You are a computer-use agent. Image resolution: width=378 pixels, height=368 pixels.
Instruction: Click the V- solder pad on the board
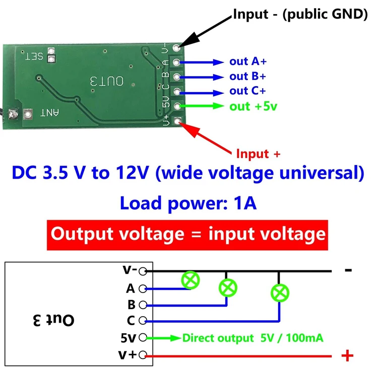[177, 48]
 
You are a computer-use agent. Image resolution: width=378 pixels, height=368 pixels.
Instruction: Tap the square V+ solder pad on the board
[178, 121]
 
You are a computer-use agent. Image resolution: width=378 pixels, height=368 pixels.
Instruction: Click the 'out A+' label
[248, 61]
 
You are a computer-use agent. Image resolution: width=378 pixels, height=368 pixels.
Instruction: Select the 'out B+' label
[247, 77]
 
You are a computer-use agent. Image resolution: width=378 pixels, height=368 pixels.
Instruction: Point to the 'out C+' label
[247, 91]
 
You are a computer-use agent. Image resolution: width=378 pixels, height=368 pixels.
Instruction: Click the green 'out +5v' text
[253, 106]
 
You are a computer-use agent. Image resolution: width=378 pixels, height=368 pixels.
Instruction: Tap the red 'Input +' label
[258, 154]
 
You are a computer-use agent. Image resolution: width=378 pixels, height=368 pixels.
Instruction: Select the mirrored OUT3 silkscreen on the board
[106, 82]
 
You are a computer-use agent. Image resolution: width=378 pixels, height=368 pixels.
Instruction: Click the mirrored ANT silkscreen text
[50, 113]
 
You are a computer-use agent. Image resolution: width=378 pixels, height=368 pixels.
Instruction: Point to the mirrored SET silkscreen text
[34, 56]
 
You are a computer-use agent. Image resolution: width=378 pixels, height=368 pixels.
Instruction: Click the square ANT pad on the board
[28, 114]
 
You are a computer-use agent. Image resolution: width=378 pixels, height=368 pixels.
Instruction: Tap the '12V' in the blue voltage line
[132, 173]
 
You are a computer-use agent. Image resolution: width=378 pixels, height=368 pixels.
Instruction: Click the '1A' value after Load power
[245, 203]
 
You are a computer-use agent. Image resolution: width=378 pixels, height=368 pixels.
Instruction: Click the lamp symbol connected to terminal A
[191, 280]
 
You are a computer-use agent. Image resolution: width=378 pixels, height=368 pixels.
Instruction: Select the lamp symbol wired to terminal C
[280, 293]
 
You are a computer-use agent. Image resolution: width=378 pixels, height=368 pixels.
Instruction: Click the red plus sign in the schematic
[347, 355]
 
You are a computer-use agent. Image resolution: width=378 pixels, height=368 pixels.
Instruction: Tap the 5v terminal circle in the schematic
[143, 338]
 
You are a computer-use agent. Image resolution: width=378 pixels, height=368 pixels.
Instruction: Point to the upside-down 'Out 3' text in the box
[53, 320]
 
